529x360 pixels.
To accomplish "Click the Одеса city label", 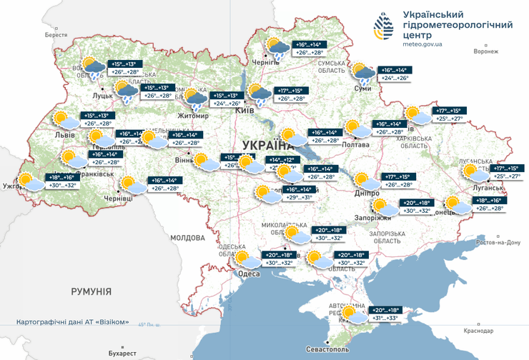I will (x=249, y=274).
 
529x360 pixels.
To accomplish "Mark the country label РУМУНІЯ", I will (x=91, y=291).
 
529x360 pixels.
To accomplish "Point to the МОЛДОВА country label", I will (x=188, y=236).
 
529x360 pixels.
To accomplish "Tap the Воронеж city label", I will (x=485, y=51).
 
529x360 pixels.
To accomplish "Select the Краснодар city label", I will (x=478, y=331).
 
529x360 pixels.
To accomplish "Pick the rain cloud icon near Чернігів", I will (x=277, y=49).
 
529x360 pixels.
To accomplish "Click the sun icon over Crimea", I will (x=350, y=312).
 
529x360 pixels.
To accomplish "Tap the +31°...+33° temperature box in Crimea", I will (x=385, y=319).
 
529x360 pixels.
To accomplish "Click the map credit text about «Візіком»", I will (x=73, y=322).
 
